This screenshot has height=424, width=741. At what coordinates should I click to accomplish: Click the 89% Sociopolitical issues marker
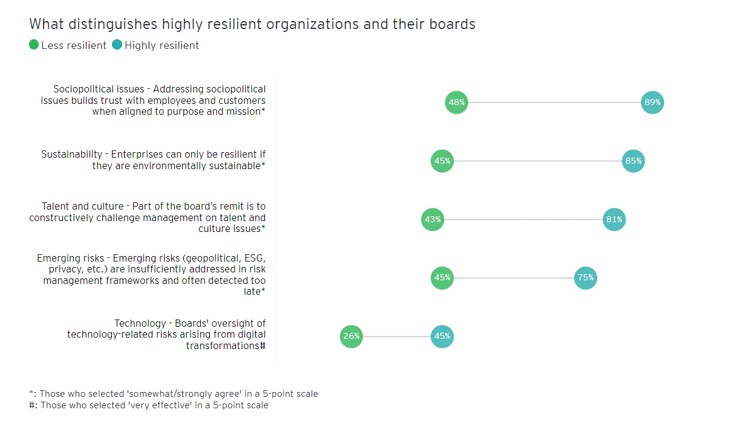click(652, 102)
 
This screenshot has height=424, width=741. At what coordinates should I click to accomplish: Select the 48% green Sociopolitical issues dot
click(457, 102)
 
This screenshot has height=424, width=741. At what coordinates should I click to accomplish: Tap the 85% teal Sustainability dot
click(633, 161)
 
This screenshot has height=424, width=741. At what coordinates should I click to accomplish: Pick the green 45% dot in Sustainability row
click(442, 161)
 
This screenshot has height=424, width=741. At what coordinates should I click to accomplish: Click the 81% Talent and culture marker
click(614, 219)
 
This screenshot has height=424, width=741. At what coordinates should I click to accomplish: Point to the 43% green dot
click(433, 219)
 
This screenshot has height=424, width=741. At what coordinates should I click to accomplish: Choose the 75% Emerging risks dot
click(586, 278)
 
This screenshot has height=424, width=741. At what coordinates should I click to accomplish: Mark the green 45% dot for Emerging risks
click(442, 278)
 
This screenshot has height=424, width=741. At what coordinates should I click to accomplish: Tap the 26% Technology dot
click(351, 336)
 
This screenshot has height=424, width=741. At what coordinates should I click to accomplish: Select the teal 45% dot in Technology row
click(442, 336)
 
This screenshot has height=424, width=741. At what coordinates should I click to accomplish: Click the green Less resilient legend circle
click(34, 45)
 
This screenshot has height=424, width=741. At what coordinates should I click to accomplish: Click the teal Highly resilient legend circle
click(117, 45)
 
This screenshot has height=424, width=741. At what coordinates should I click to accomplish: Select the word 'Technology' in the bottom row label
click(140, 323)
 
